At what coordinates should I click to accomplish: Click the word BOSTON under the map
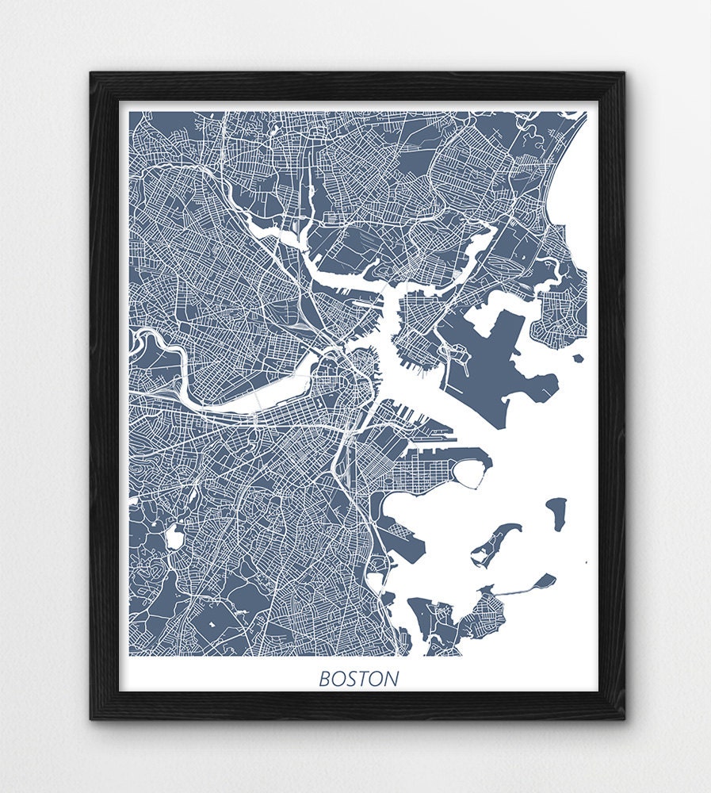pos(359,680)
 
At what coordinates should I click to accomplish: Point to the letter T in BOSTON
pos(366,680)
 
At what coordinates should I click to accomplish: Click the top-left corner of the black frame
pos(92,74)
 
